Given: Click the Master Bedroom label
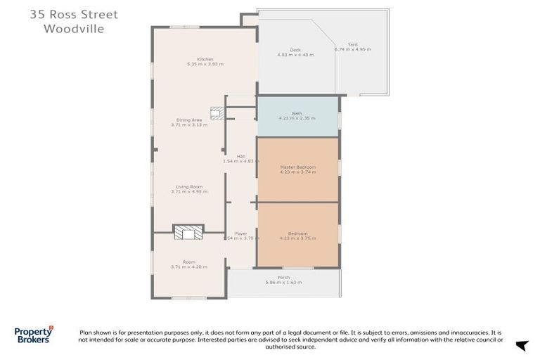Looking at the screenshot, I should pos(297,167).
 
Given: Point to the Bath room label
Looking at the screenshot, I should pos(297,113).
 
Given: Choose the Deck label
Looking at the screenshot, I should pos(295,49).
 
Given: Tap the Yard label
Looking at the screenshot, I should pos(352,44).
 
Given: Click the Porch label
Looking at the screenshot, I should pos(283,278).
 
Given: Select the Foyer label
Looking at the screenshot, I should pos(241,233).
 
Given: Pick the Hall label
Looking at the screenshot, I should pos(240,156).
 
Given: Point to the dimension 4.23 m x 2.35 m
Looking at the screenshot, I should pos(297,118).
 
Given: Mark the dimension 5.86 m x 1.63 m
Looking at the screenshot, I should pos(283,283).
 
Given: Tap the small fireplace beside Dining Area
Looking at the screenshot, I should pos(217,112).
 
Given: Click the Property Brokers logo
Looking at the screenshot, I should pos(34,334).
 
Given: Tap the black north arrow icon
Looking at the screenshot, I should pos(521,345).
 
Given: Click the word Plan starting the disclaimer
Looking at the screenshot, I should pos(86,331).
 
